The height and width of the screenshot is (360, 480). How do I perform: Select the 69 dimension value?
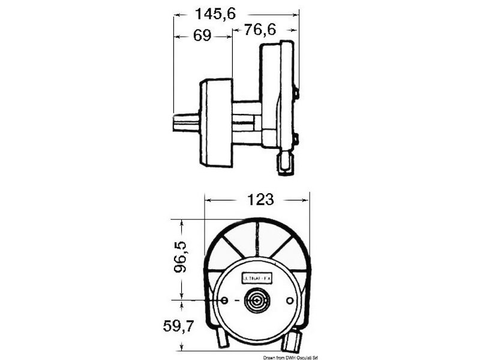click(202, 36)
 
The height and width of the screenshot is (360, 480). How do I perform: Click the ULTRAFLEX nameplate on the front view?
click(257, 278)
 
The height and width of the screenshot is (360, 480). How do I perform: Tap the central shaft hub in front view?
click(257, 301)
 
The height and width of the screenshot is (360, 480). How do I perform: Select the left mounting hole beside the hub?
click(224, 300)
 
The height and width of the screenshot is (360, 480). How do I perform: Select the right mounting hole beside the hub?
click(290, 300)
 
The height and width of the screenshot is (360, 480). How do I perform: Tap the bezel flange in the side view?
click(216, 123)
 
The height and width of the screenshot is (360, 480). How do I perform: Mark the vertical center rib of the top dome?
click(257, 238)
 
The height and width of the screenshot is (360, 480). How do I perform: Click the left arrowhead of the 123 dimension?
click(208, 200)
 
